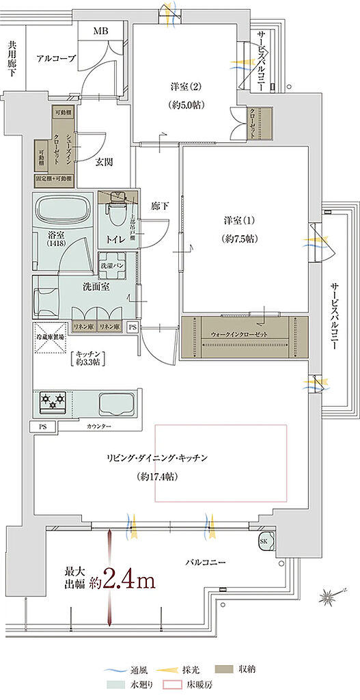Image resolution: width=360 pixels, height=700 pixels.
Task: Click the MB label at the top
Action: (x=100, y=31)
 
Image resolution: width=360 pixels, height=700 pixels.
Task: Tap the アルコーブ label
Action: (x=56, y=59)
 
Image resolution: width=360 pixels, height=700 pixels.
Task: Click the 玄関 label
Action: (x=105, y=161)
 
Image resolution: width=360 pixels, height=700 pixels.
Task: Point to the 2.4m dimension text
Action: (x=128, y=581)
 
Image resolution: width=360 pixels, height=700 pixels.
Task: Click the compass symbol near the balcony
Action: (x=331, y=596)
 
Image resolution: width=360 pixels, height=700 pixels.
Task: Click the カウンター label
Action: (x=99, y=427)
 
